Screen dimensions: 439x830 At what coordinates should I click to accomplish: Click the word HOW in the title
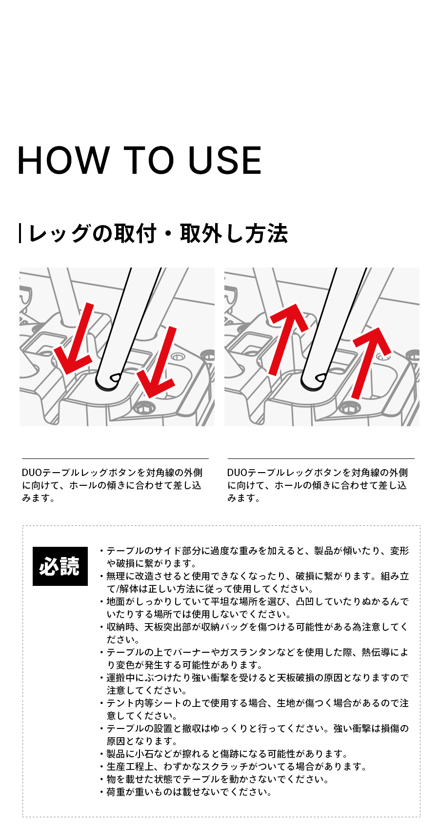pyautogui.click(x=64, y=160)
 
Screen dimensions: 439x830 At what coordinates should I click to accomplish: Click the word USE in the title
pyautogui.click(x=225, y=160)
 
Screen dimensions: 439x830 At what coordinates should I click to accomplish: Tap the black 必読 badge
pyautogui.click(x=60, y=566)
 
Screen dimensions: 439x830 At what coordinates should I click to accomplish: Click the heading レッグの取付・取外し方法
pyautogui.click(x=158, y=234)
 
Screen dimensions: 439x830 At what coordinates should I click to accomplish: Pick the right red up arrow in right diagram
pyautogui.click(x=371, y=363)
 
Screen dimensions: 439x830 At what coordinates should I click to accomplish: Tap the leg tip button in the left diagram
pyautogui.click(x=115, y=377)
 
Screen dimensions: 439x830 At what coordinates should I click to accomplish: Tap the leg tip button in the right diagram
pyautogui.click(x=320, y=377)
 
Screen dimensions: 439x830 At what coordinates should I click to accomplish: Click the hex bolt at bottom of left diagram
pyautogui.click(x=142, y=408)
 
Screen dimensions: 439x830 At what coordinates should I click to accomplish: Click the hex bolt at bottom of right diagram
pyautogui.click(x=348, y=408)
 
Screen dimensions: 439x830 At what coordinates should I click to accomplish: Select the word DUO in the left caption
pyautogui.click(x=32, y=473)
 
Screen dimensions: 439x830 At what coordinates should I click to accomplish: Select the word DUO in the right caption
pyautogui.click(x=237, y=473)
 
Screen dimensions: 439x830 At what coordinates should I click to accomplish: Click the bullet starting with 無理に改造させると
pyautogui.click(x=254, y=582)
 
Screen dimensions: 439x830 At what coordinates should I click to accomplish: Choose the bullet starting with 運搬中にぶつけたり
pyautogui.click(x=254, y=684)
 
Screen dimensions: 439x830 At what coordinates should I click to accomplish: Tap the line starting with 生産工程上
pyautogui.click(x=233, y=767)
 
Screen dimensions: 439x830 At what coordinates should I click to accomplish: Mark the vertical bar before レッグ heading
pyautogui.click(x=20, y=234)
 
